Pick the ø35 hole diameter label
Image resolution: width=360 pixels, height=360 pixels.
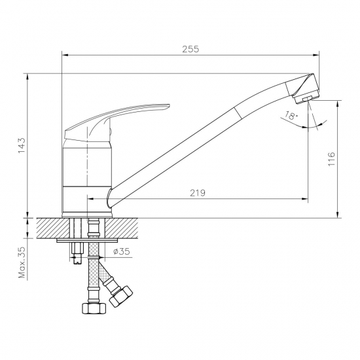pos(121,251)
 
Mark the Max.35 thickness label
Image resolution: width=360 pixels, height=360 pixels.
pos(22,262)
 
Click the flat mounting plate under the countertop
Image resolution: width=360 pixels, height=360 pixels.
pos(85,242)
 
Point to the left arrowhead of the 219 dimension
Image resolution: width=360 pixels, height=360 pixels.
pos(91,198)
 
